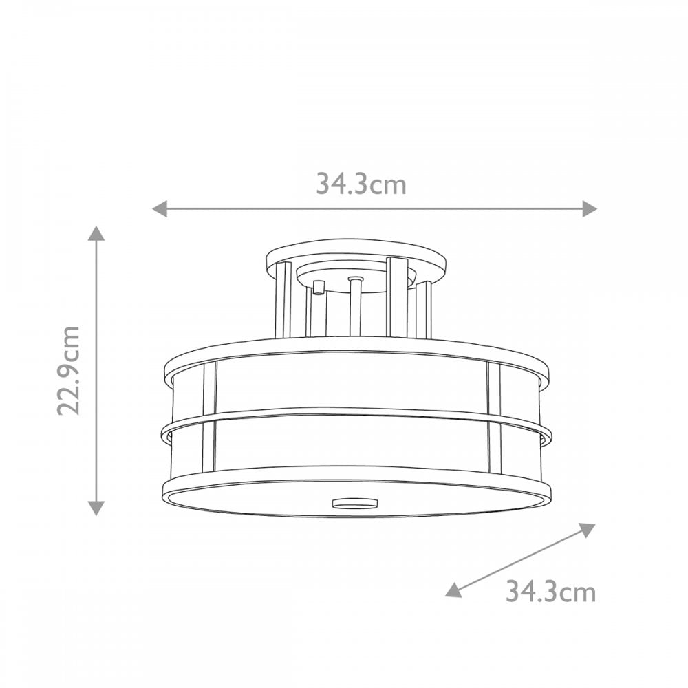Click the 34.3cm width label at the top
[361, 184]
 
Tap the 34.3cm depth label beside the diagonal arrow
[550, 591]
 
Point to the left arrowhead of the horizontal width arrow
[160, 208]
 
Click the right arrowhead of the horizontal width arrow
[589, 208]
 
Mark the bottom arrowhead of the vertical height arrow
[97, 508]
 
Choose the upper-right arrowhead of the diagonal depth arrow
[587, 528]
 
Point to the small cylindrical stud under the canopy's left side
[317, 287]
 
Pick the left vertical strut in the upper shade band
[210, 385]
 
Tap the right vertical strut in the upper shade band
[493, 387]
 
